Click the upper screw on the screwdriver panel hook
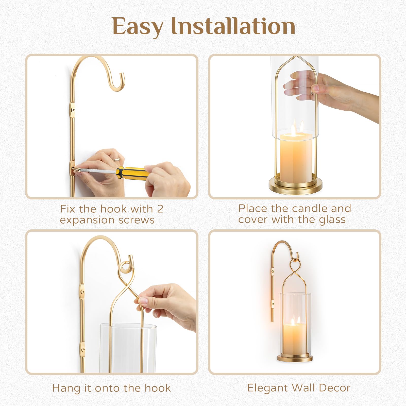[x=73, y=110]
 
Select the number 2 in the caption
[x=160, y=209]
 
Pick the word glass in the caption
[x=332, y=220]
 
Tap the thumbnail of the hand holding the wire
[x=144, y=301]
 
